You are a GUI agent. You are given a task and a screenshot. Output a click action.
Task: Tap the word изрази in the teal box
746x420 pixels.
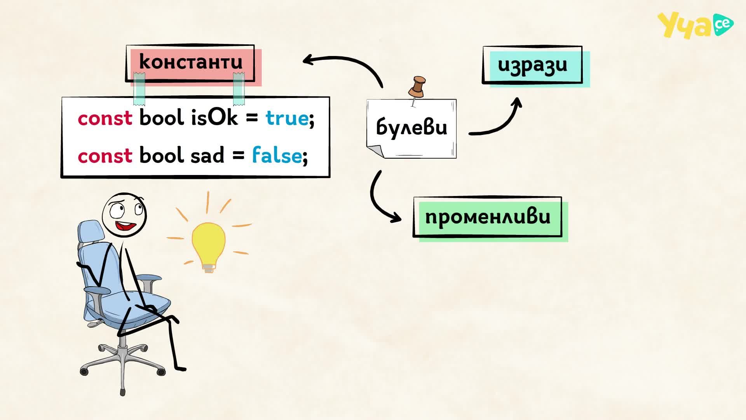pos(532,65)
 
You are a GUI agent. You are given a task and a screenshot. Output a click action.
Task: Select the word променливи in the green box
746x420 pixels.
pos(488,216)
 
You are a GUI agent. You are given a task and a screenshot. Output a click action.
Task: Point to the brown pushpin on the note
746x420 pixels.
pos(417,87)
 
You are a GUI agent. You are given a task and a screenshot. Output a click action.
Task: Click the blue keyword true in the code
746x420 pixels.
pos(287,118)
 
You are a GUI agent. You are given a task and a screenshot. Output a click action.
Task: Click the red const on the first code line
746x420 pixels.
pos(105,118)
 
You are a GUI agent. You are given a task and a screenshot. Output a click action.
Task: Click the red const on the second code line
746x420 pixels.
pos(105,156)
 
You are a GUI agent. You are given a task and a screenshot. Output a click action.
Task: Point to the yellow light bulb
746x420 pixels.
pos(209,247)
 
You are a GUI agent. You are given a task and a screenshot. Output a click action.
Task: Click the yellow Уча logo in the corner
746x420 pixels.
pos(695,25)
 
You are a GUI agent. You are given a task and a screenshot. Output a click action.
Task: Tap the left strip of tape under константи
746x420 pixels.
pos(139,89)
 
